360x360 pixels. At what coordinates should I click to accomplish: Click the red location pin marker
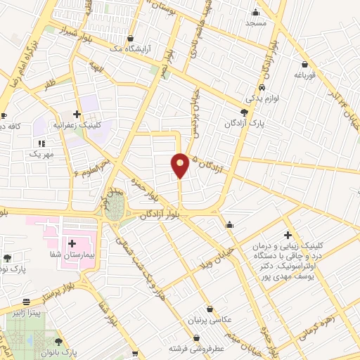(x=180, y=165)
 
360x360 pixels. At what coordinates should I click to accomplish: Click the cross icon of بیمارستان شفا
(x=72, y=243)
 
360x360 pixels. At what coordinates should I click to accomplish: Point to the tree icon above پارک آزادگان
(x=244, y=112)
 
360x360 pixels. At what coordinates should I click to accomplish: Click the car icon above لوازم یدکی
(x=262, y=87)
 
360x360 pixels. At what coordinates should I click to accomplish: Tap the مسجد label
(x=256, y=23)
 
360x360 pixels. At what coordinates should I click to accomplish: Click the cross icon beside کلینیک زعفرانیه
(x=77, y=114)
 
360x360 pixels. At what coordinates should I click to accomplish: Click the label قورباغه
(x=307, y=74)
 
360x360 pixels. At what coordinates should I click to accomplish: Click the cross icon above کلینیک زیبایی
(x=287, y=235)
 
